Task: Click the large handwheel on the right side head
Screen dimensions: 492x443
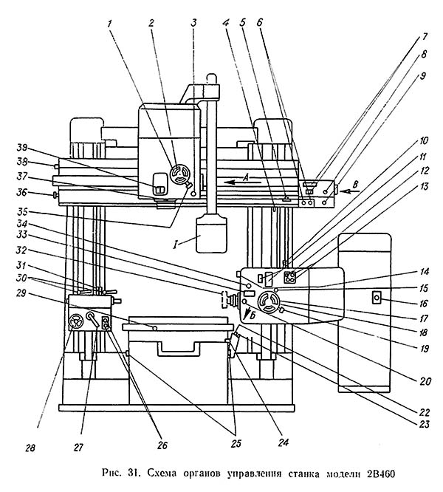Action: [x=267, y=302]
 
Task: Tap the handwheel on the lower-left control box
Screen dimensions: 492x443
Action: [x=76, y=321]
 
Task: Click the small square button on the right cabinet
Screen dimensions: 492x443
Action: [x=377, y=298]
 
